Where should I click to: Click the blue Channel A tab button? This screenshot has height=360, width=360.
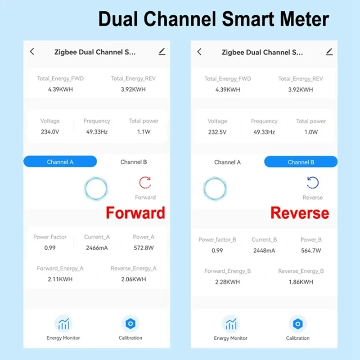pyautogui.click(x=60, y=162)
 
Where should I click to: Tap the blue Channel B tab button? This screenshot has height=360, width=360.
pyautogui.click(x=301, y=162)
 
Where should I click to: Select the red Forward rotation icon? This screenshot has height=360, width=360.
pyautogui.click(x=145, y=183)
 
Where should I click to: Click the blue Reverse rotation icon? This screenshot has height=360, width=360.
pyautogui.click(x=312, y=183)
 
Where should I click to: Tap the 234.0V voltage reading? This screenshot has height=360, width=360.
pyautogui.click(x=49, y=132)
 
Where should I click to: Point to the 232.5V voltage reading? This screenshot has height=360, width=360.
pyautogui.click(x=217, y=132)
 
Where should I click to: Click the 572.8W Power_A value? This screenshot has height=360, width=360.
pyautogui.click(x=144, y=247)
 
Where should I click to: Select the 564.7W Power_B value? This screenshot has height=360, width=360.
pyautogui.click(x=311, y=251)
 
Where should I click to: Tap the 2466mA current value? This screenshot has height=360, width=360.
pyautogui.click(x=97, y=247)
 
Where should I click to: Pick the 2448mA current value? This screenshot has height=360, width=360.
pyautogui.click(x=264, y=251)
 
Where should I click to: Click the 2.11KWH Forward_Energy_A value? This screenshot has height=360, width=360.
pyautogui.click(x=60, y=279)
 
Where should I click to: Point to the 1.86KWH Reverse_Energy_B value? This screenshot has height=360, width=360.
pyautogui.click(x=301, y=282)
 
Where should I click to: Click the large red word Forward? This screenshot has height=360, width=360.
pyautogui.click(x=135, y=212)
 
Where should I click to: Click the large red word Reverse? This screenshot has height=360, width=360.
pyautogui.click(x=300, y=213)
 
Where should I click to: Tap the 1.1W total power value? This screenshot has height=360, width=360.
pyautogui.click(x=144, y=132)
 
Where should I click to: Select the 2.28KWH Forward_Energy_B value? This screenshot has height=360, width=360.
pyautogui.click(x=228, y=282)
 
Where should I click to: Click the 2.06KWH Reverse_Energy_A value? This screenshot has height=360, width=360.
pyautogui.click(x=134, y=279)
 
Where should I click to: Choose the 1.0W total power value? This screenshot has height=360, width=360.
pyautogui.click(x=311, y=132)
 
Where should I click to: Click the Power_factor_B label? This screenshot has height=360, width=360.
pyautogui.click(x=217, y=240)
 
